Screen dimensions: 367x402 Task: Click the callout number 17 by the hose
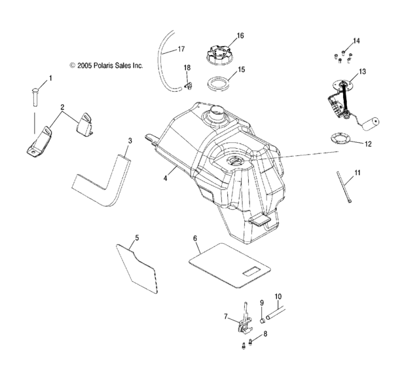pyautogui.click(x=181, y=48)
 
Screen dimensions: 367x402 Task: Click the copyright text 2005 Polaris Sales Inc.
pyautogui.click(x=106, y=66)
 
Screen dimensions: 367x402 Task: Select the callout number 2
pyautogui.click(x=62, y=106)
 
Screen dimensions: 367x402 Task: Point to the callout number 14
pyautogui.click(x=356, y=41)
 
